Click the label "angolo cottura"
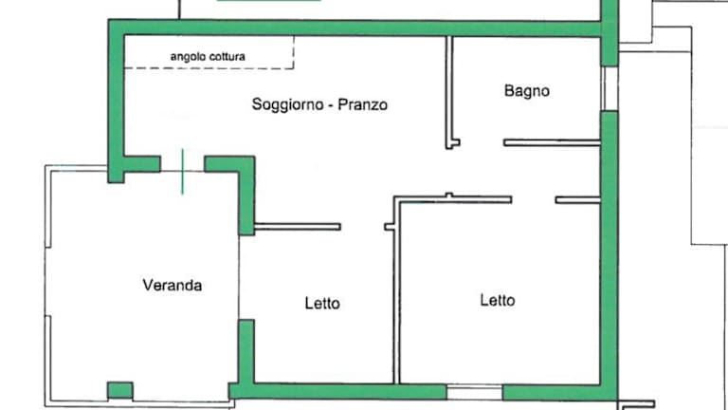[208, 57]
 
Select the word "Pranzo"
[363, 104]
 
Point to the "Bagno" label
[526, 90]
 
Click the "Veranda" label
[173, 285]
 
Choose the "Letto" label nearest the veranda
[322, 304]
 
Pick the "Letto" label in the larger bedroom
[498, 300]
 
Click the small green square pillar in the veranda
[120, 390]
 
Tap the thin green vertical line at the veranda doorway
[182, 172]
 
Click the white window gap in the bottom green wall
[475, 392]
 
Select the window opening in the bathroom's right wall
[610, 89]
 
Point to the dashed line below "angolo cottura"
[209, 68]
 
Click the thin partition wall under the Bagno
[552, 142]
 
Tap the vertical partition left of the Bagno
[449, 92]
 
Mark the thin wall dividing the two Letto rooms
[396, 293]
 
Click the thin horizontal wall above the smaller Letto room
[298, 227]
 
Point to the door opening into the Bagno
[482, 142]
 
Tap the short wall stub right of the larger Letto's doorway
[578, 200]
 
